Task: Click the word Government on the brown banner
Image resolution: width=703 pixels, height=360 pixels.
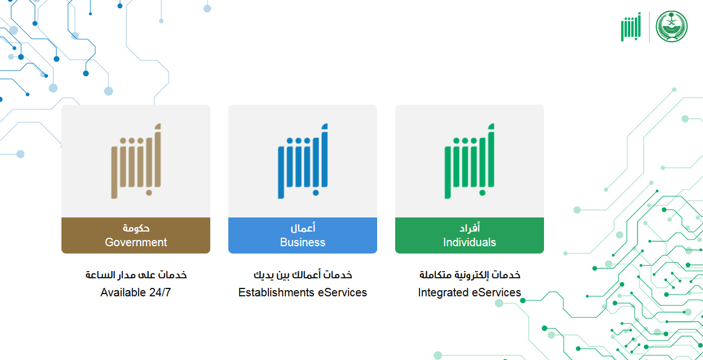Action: [135, 242]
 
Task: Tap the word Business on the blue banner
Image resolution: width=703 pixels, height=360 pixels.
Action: [303, 242]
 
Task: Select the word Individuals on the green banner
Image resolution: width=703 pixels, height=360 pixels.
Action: [470, 242]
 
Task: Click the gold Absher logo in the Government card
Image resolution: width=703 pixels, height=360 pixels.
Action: [136, 161]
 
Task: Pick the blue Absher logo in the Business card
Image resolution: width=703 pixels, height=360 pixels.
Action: [303, 161]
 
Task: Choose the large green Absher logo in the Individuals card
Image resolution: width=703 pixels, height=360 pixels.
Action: [470, 161]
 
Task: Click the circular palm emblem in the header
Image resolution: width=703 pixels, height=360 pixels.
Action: [671, 26]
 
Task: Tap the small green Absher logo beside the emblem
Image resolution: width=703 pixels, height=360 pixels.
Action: [631, 26]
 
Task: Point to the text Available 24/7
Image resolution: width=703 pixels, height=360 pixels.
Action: [135, 292]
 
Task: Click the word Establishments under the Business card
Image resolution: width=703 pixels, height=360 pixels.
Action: [276, 292]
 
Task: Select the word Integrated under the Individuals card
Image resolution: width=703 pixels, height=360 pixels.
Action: [444, 293]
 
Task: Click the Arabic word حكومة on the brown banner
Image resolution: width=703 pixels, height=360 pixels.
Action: [136, 228]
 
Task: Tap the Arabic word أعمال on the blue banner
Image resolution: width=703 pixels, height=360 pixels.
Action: [303, 228]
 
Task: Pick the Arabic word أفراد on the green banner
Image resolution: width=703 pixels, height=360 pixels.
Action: [470, 228]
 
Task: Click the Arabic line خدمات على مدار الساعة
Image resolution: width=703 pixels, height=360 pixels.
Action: [136, 275]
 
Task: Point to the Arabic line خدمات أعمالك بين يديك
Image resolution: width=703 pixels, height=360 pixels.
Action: [303, 275]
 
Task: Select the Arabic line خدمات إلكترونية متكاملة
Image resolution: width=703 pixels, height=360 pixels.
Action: [470, 275]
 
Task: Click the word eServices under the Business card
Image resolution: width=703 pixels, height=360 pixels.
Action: [342, 292]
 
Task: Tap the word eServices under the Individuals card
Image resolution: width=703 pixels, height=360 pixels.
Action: [497, 292]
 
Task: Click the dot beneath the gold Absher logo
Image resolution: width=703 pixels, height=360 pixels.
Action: [149, 193]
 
